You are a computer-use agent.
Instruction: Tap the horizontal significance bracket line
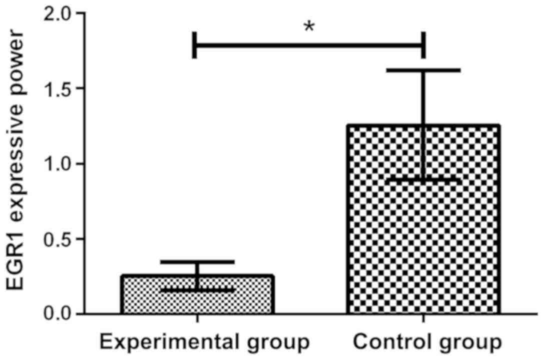[309, 45]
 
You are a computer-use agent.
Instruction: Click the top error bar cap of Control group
[423, 70]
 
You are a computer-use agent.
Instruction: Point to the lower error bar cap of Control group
[423, 179]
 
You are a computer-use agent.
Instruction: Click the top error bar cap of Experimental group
[198, 261]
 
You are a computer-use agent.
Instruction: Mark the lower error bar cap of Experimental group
[198, 289]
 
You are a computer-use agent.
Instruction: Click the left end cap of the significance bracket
[195, 45]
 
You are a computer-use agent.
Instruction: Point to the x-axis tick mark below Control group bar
[423, 319]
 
